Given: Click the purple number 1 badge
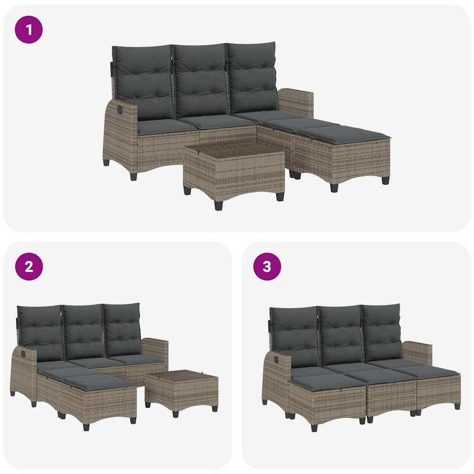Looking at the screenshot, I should point(29,30).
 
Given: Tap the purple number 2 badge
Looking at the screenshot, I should point(29,267).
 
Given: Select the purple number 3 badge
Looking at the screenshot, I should point(267,267).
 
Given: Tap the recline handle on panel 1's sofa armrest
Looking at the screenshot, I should point(120,111).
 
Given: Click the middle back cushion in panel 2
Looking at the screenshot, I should point(83,331).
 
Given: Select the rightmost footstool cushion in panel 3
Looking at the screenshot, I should point(433,371).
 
